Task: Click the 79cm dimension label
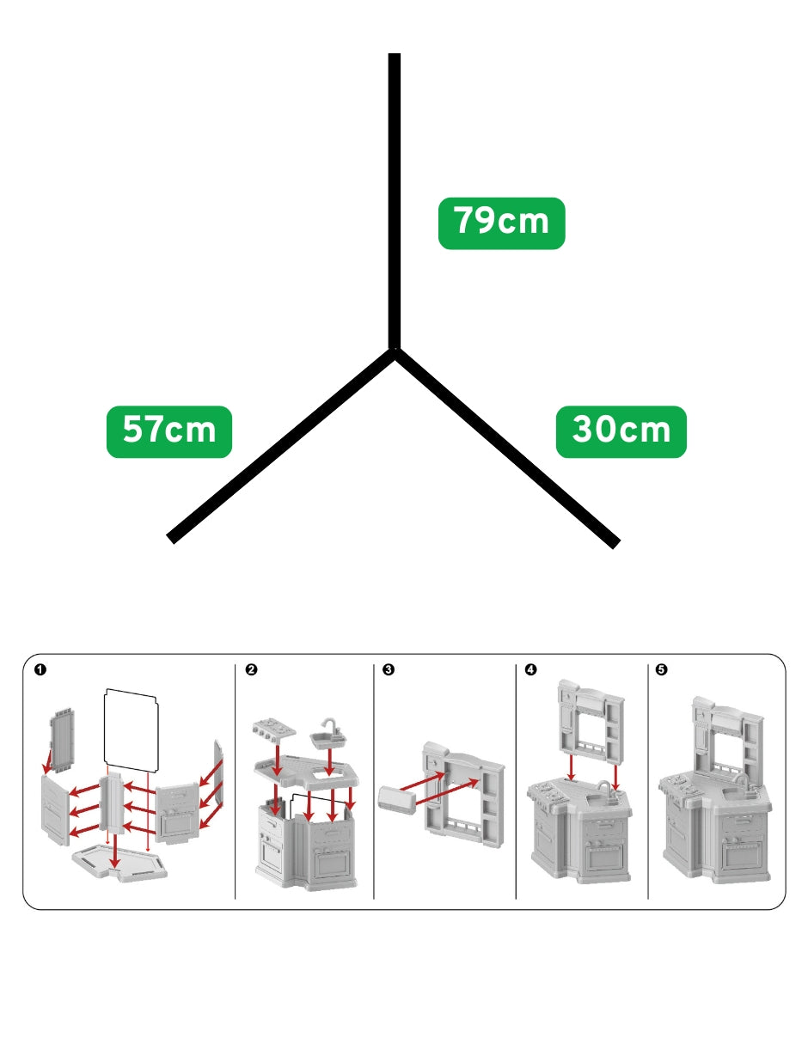(x=501, y=223)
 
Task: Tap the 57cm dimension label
(x=169, y=431)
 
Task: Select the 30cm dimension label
(x=621, y=431)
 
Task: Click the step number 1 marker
(x=40, y=669)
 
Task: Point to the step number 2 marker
(x=251, y=669)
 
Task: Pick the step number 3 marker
(x=389, y=669)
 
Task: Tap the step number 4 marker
(x=531, y=669)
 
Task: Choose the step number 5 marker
(x=662, y=669)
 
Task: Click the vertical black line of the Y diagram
(x=395, y=201)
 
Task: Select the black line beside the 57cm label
(x=281, y=446)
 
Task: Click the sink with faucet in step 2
(x=329, y=735)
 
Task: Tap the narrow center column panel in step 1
(x=112, y=805)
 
